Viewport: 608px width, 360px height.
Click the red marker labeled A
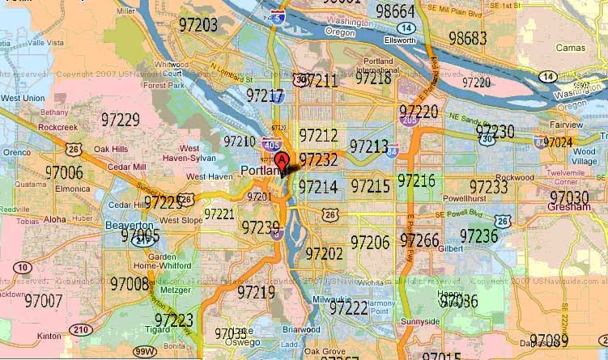(282, 160)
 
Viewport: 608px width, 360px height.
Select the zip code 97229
(120, 121)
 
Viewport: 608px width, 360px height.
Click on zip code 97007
(44, 301)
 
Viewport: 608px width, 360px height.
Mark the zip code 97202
(324, 254)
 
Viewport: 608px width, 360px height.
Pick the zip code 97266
(419, 241)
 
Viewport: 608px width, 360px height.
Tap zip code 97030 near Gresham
(569, 197)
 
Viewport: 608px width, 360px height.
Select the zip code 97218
(373, 78)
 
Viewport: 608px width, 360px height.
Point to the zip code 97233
(488, 188)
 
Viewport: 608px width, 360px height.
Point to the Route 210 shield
(80, 329)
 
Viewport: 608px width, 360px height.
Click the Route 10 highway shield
(23, 268)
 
